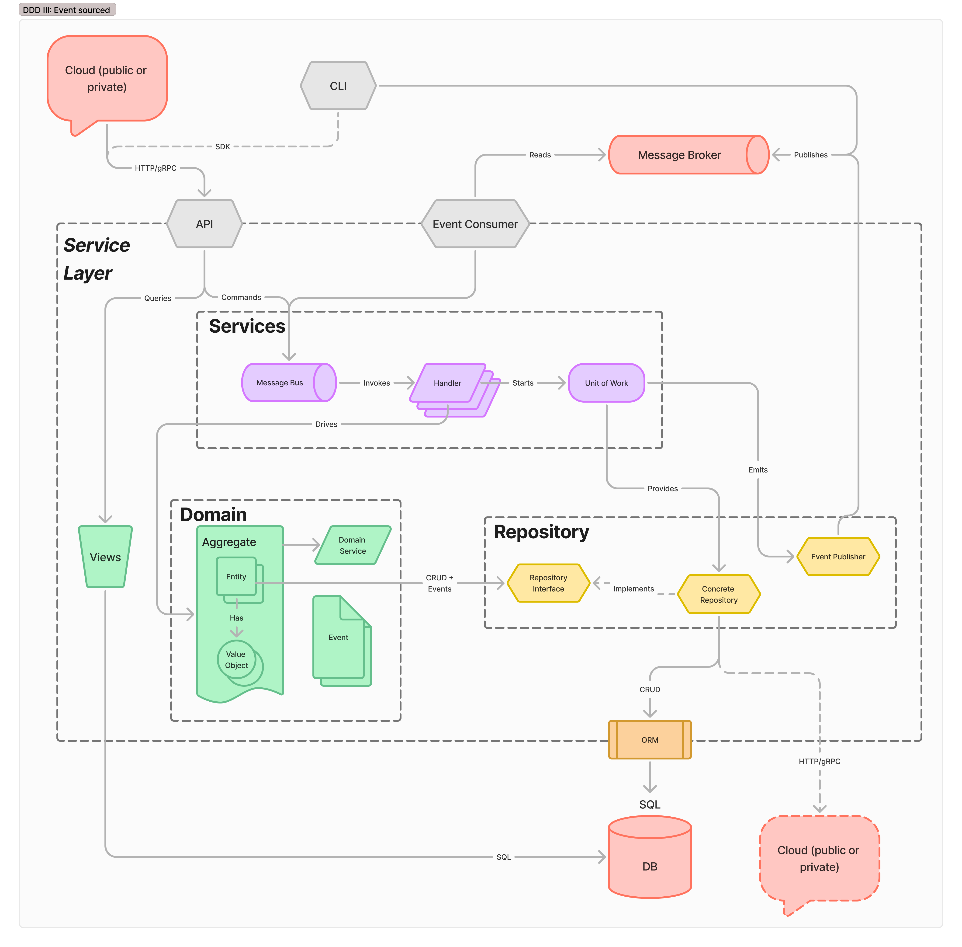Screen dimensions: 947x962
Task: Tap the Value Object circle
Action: pos(236,660)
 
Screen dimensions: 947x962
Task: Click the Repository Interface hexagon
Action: pos(548,583)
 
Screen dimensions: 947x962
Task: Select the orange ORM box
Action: pos(649,740)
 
